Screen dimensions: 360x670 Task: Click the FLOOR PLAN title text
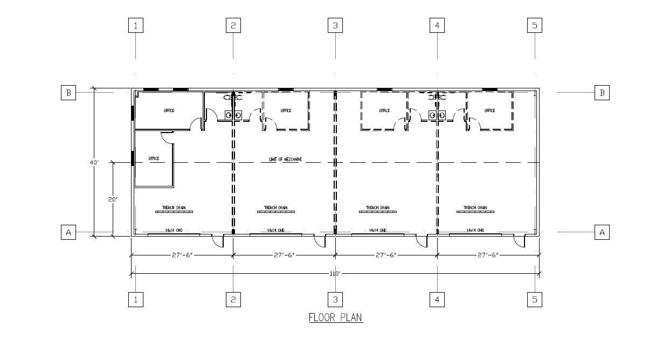[335, 317]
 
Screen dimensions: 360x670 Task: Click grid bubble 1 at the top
[135, 25]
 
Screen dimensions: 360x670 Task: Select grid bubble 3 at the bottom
[335, 300]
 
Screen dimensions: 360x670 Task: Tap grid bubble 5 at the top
[535, 25]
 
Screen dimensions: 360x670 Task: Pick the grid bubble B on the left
[68, 93]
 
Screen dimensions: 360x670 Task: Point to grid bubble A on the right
[602, 232]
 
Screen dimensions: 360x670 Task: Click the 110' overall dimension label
[335, 274]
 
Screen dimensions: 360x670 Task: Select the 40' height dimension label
[95, 162]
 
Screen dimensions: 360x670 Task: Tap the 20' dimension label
[113, 199]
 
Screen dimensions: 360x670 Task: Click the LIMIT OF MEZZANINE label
[286, 160]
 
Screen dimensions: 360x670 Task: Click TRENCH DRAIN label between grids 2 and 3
[275, 208]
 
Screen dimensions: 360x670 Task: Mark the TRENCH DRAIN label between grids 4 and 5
[475, 208]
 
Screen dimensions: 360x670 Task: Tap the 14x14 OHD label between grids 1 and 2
[174, 230]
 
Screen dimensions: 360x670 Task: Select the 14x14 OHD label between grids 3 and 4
[377, 230]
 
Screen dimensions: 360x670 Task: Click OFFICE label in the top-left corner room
[169, 110]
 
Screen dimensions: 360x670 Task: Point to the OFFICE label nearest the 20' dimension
[154, 158]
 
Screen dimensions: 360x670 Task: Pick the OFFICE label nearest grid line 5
[489, 110]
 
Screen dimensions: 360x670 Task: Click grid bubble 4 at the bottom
[437, 300]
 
